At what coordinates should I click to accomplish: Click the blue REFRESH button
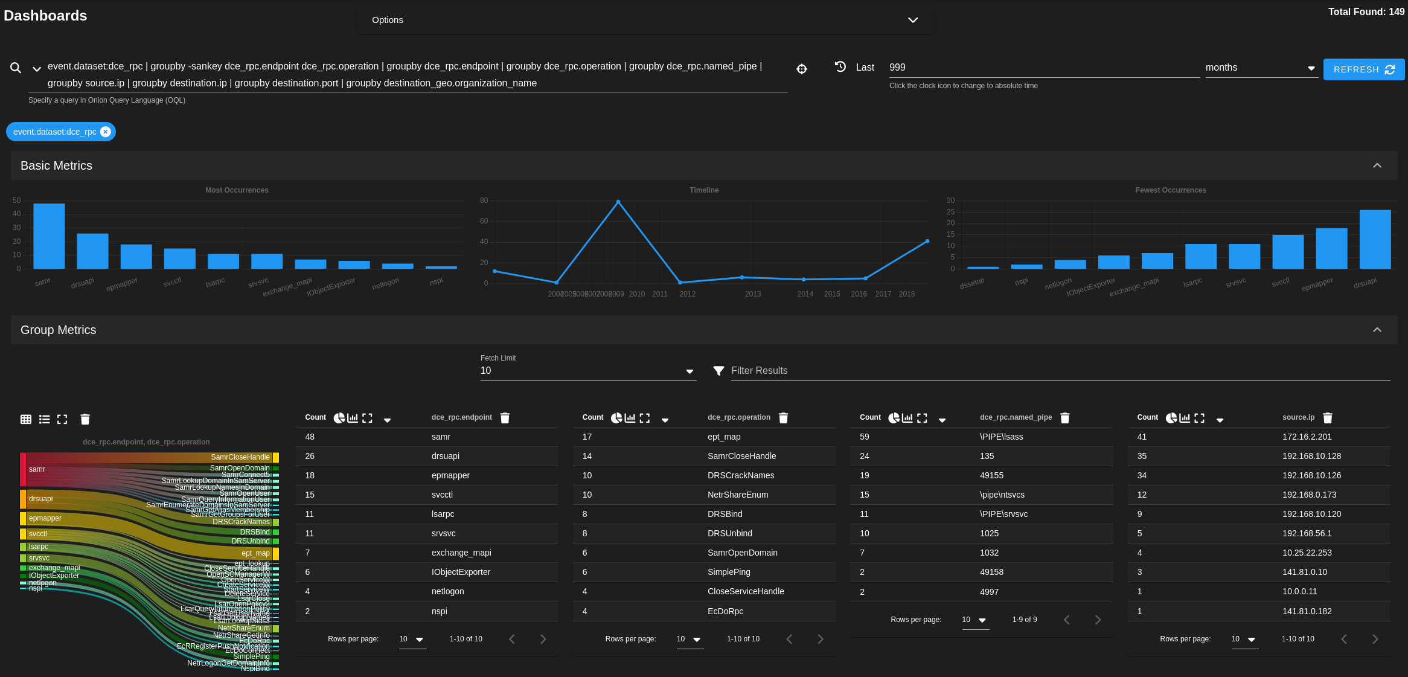[x=1363, y=69]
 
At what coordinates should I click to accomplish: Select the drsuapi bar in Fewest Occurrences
[x=1375, y=239]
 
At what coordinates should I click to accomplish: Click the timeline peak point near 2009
[x=618, y=202]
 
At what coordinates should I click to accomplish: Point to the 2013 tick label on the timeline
[x=752, y=294]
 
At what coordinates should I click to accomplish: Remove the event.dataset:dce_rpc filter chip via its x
[x=106, y=132]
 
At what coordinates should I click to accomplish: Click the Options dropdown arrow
[x=912, y=20]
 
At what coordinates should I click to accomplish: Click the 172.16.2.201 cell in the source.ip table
[x=1307, y=437]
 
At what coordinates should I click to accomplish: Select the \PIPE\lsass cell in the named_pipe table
[x=1001, y=437]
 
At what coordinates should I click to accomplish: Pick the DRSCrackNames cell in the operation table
[x=740, y=475]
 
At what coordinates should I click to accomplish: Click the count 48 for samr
[x=310, y=437]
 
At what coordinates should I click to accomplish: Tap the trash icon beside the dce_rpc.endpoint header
[x=505, y=418]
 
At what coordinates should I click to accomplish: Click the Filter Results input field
[x=1057, y=371]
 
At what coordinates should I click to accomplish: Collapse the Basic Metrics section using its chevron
[x=1377, y=165]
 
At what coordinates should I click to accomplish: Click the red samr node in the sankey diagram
[x=23, y=469]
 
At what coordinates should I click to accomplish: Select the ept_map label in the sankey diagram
[x=255, y=553]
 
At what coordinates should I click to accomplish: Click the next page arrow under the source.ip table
[x=1375, y=639]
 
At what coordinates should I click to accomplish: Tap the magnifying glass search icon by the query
[x=16, y=68]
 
